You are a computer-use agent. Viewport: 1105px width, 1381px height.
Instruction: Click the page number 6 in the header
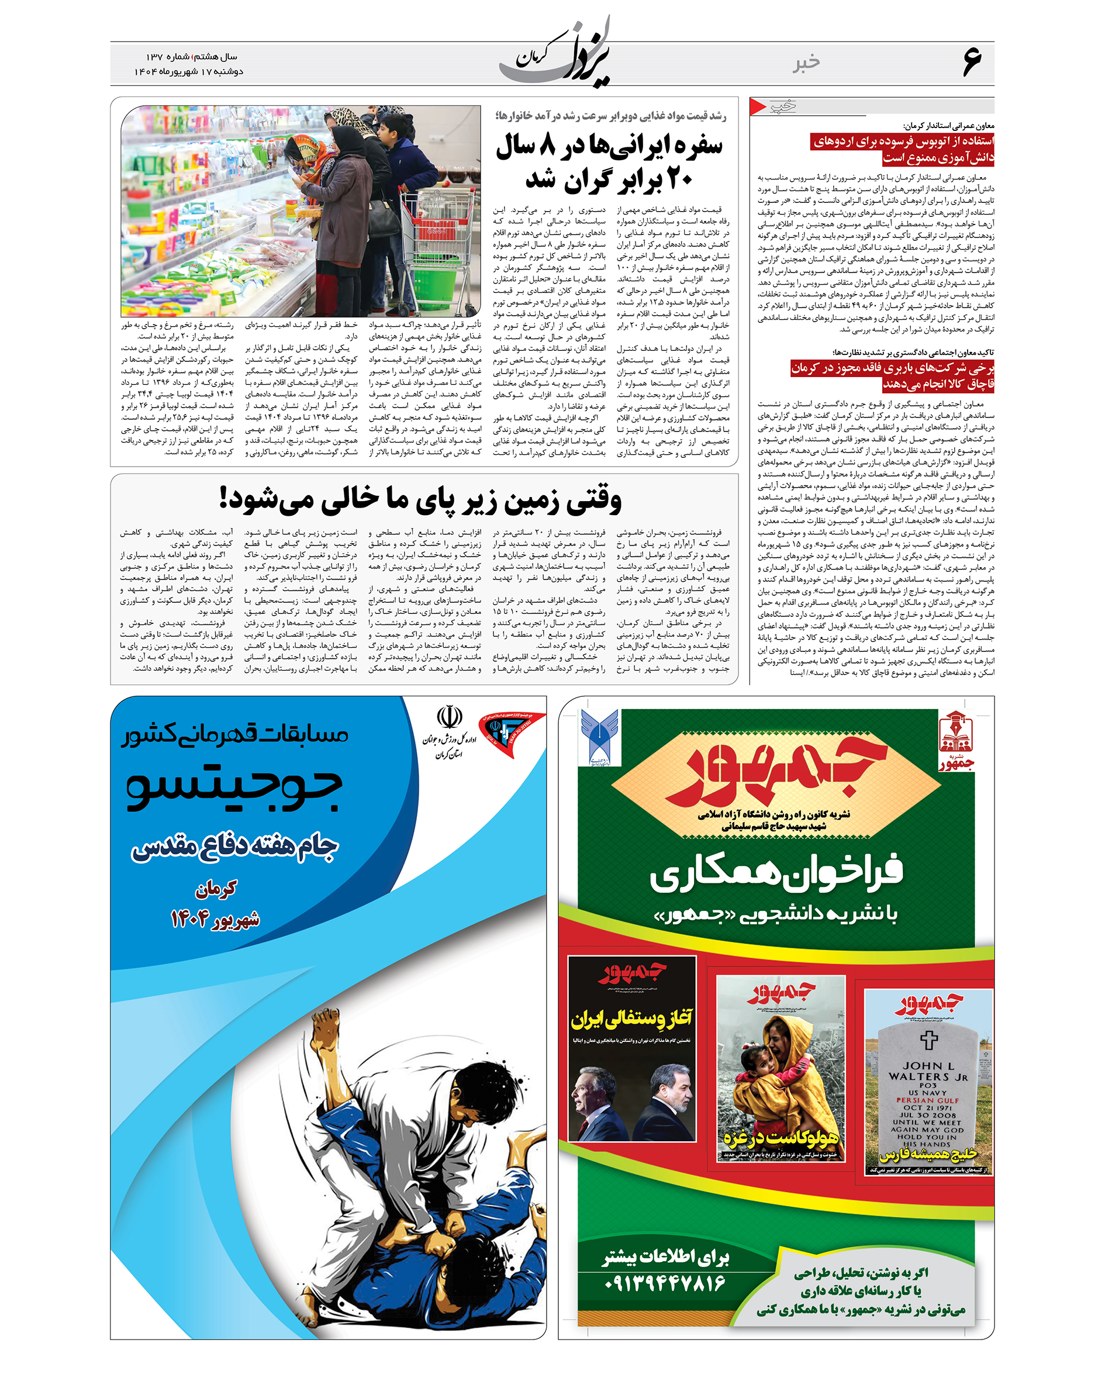[x=971, y=63]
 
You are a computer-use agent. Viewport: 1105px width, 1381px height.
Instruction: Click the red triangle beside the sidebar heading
[x=758, y=106]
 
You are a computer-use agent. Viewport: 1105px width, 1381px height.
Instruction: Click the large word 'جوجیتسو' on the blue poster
[x=234, y=789]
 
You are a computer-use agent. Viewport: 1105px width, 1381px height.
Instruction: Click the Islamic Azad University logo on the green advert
[x=600, y=737]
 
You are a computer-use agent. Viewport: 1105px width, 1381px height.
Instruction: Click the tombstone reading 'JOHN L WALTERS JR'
[x=928, y=1089]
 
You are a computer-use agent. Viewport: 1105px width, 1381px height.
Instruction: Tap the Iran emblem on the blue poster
[x=449, y=717]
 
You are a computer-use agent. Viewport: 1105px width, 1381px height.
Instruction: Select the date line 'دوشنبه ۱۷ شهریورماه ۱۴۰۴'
[x=189, y=72]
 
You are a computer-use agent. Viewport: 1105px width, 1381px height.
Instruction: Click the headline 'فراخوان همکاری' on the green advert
[x=776, y=873]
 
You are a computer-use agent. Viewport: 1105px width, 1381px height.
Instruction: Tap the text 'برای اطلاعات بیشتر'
[x=665, y=1258]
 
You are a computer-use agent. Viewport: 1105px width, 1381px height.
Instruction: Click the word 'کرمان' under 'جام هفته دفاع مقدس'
[x=216, y=888]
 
